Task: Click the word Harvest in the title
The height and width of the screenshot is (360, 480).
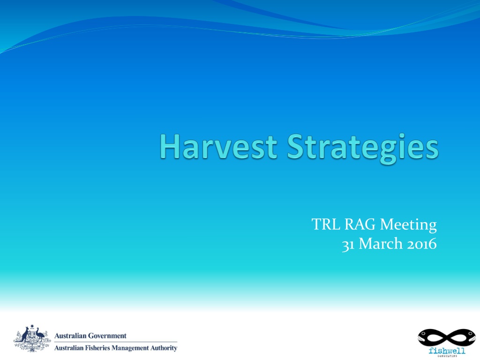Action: tap(218, 147)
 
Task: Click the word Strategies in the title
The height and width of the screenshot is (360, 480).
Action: tap(363, 149)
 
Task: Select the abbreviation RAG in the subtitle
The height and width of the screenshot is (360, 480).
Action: tap(360, 225)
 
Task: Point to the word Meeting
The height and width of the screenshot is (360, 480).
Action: tap(408, 225)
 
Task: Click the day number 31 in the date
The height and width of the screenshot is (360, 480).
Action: tap(348, 245)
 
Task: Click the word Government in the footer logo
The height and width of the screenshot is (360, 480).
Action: tap(107, 336)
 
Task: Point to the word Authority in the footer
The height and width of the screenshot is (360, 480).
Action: tap(164, 348)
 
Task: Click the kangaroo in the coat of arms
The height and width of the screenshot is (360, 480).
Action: tap(24, 335)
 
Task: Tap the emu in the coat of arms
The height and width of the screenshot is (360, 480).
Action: tap(40, 334)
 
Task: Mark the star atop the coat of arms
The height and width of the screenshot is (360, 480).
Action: tap(32, 326)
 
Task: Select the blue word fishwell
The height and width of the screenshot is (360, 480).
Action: tap(447, 351)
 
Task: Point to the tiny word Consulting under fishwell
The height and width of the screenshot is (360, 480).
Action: tap(447, 356)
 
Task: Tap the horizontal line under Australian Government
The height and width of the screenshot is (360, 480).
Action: tap(116, 342)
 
